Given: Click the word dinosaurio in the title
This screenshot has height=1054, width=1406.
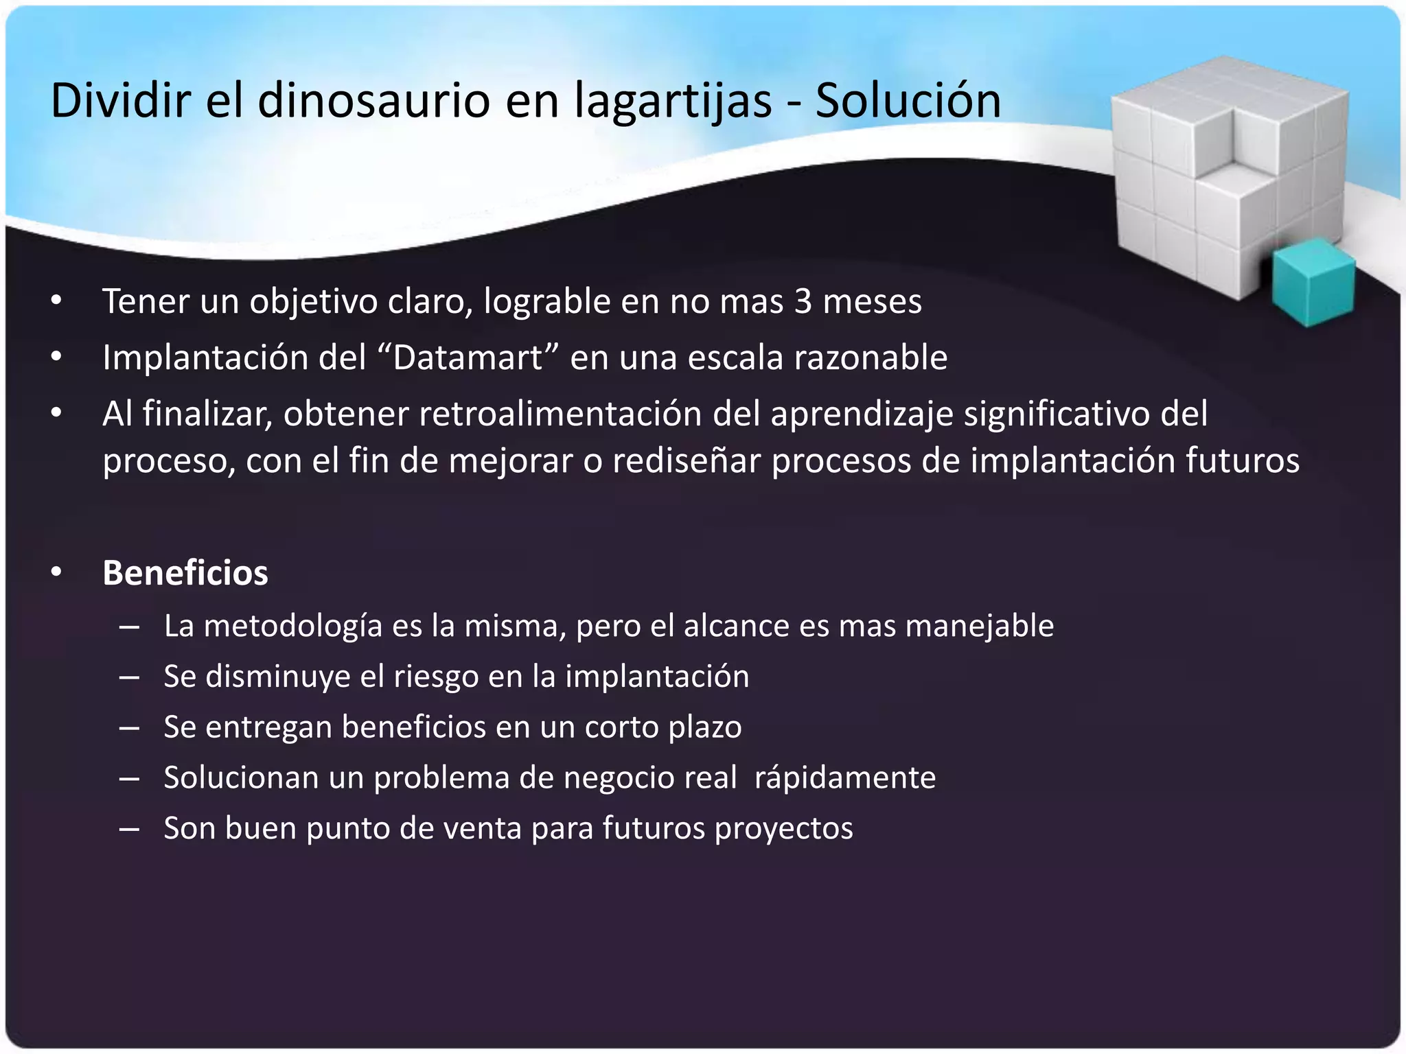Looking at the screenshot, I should pyautogui.click(x=373, y=101).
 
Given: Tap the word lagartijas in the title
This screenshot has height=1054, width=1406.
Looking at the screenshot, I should pyautogui.click(x=673, y=101).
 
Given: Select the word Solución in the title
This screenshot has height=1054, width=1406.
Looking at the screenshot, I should pyautogui.click(x=908, y=101).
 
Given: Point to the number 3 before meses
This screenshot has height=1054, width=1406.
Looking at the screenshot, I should pyautogui.click(x=803, y=301).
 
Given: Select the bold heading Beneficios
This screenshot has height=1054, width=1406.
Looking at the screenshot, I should pyautogui.click(x=185, y=573).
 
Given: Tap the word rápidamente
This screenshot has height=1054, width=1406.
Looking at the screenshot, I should pyautogui.click(x=844, y=778).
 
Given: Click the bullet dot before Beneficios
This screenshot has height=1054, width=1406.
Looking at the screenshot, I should pyautogui.click(x=56, y=572).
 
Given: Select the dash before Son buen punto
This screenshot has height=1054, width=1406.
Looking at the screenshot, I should pyautogui.click(x=129, y=829).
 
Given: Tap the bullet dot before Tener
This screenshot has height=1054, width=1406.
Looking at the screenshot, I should pyautogui.click(x=56, y=301).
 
